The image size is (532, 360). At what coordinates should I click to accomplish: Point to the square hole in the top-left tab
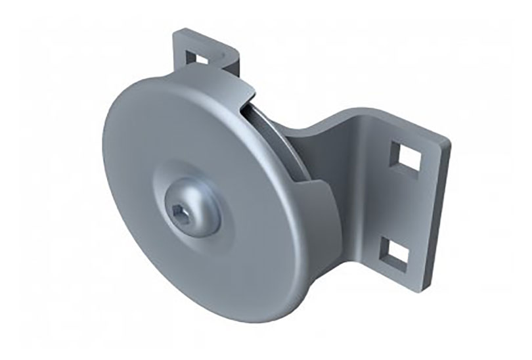pos(203,58)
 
